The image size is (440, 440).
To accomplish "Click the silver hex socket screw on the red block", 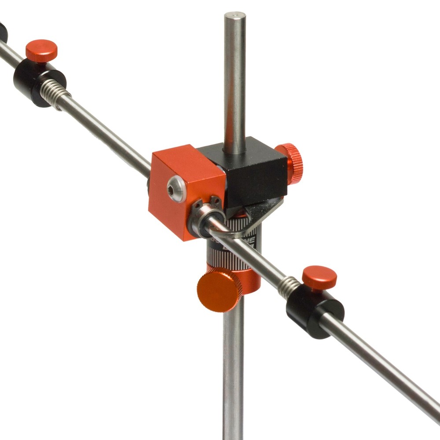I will point(177,189).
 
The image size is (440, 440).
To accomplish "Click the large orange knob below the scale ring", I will point(219,289).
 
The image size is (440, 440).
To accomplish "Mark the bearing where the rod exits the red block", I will point(202,222).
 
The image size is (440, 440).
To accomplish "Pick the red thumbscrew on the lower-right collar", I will point(319,278).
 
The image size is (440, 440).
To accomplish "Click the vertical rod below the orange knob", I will point(233,374).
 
